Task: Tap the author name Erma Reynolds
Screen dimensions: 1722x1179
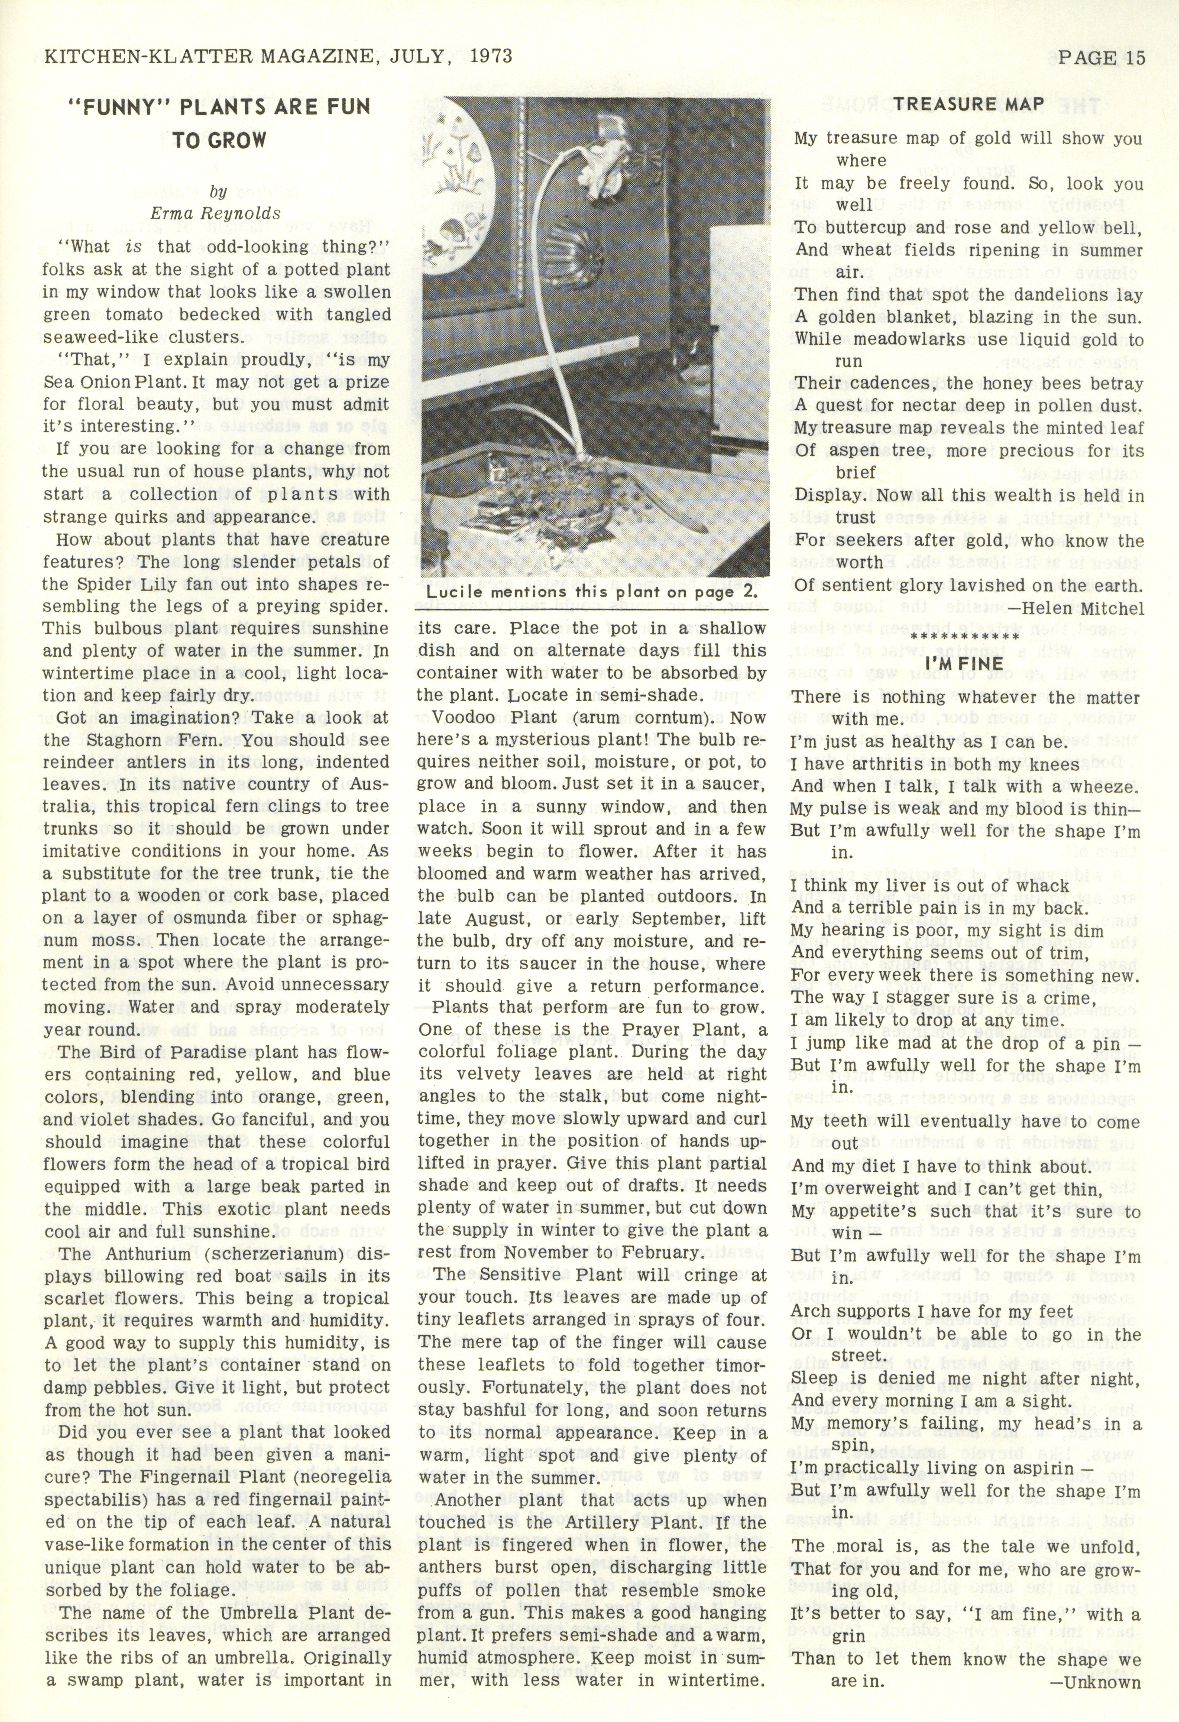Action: coord(216,213)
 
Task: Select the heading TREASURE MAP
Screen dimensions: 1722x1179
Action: coord(969,105)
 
